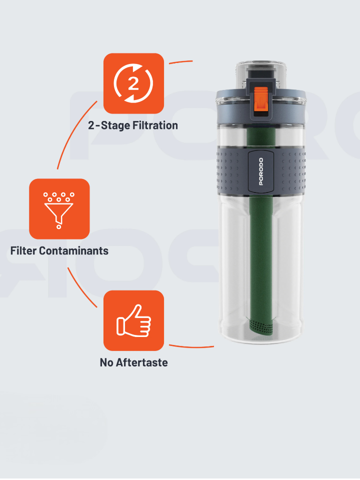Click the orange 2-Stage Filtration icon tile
134,83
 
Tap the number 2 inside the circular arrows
133,83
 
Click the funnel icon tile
59,209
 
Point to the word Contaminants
74,250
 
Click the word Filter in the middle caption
23,250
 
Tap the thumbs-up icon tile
134,320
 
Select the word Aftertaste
141,362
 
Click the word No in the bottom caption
106,362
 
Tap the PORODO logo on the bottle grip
261,171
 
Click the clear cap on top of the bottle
261,75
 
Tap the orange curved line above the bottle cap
180,62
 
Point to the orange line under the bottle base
191,347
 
